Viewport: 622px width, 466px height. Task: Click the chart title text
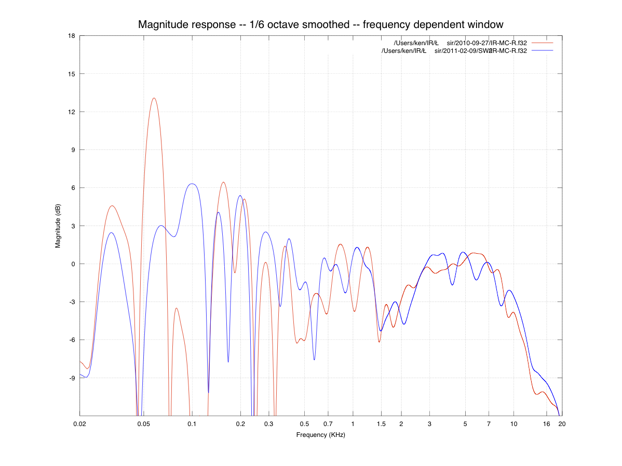pyautogui.click(x=320, y=24)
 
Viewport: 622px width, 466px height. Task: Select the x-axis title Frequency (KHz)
pyautogui.click(x=320, y=435)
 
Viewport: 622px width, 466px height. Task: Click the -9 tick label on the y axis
pyautogui.click(x=72, y=378)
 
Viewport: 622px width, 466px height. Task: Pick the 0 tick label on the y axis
pyautogui.click(x=73, y=264)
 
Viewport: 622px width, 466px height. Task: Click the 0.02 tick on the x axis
pyautogui.click(x=80, y=424)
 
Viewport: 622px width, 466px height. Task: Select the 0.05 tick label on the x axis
pyautogui.click(x=144, y=424)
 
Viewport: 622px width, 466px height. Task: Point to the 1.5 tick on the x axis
pyautogui.click(x=381, y=424)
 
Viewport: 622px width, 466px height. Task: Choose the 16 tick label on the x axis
pyautogui.click(x=546, y=424)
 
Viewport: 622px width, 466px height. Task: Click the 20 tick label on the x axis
pyautogui.click(x=562, y=424)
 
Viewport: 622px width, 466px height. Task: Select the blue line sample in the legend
pyautogui.click(x=543, y=50)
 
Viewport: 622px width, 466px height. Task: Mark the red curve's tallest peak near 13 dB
pyautogui.click(x=154, y=98)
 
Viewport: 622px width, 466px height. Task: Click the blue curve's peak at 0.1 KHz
pyautogui.click(x=193, y=184)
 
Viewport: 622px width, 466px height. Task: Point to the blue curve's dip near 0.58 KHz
pyautogui.click(x=314, y=359)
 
